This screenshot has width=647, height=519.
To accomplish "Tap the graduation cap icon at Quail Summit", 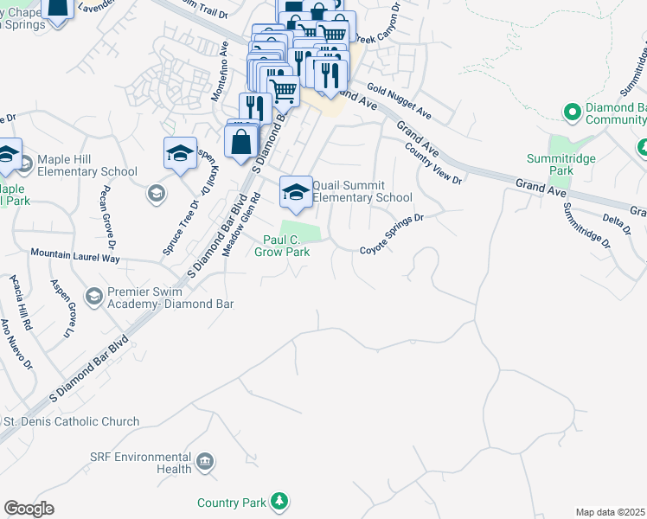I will pyautogui.click(x=296, y=192).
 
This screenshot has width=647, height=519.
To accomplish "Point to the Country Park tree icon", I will pyautogui.click(x=279, y=501).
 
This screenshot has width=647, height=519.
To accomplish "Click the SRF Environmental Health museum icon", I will pyautogui.click(x=205, y=461).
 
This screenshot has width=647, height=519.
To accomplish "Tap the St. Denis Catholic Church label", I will pyautogui.click(x=71, y=422).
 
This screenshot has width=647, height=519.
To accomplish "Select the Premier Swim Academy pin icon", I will pyautogui.click(x=93, y=297).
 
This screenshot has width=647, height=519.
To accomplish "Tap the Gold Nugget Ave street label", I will pyautogui.click(x=399, y=100).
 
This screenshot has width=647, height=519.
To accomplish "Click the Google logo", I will pyautogui.click(x=29, y=509).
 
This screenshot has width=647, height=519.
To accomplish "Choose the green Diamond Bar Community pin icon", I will pyautogui.click(x=571, y=112).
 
